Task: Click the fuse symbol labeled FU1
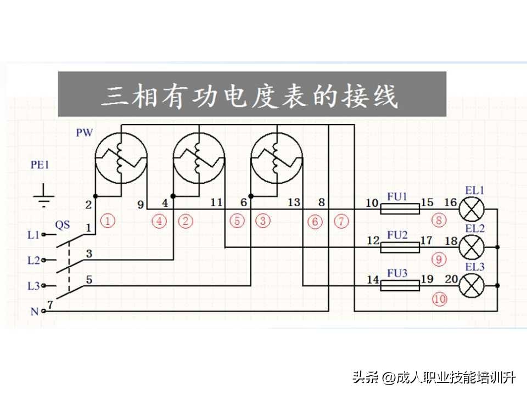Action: point(400,209)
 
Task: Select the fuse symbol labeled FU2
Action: point(400,247)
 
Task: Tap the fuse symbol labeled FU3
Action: point(400,286)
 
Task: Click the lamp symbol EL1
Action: point(472,209)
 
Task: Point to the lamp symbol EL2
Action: point(472,247)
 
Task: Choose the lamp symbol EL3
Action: point(472,286)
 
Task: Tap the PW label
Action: point(84,133)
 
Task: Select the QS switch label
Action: point(63,225)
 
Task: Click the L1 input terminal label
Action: point(33,235)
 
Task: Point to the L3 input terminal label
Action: point(33,286)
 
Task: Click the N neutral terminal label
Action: point(35,312)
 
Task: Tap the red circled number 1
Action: point(108,221)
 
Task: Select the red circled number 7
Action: point(341,221)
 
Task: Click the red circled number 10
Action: point(440,299)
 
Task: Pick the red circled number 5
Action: point(237,221)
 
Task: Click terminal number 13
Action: point(294,202)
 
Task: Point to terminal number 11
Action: point(216,202)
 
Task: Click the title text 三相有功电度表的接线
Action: point(250,95)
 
